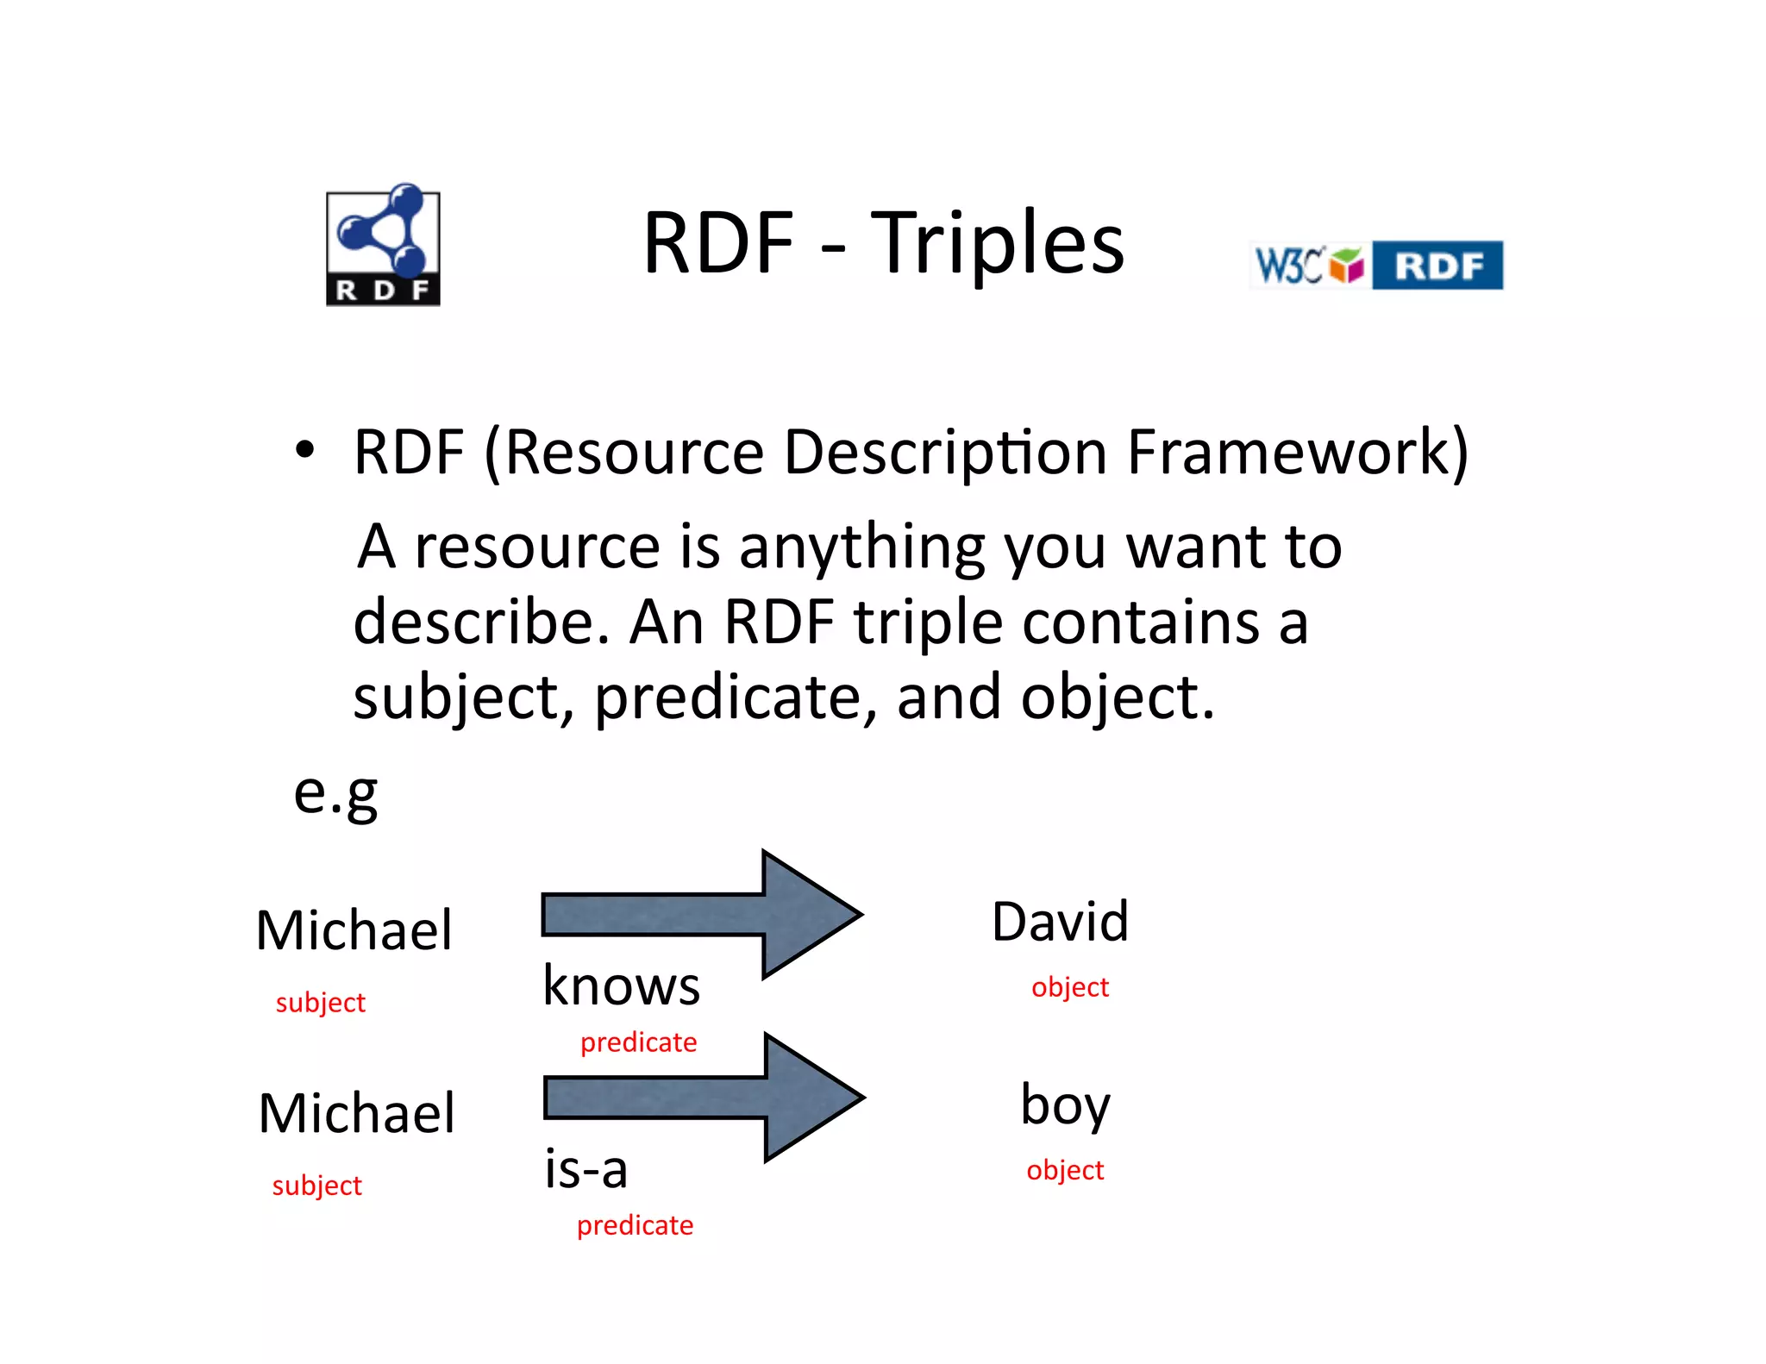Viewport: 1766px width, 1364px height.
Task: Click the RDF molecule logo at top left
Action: click(x=383, y=245)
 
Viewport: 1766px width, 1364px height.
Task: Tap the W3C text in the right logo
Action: click(x=1288, y=265)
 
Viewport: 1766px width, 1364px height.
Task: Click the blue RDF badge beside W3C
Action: click(x=1437, y=266)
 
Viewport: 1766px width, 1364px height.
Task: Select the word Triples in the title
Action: click(x=998, y=245)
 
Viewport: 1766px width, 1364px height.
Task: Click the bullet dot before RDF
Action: click(x=304, y=449)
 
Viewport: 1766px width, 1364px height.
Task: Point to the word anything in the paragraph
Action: click(x=861, y=547)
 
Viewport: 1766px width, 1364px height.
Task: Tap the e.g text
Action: click(x=335, y=792)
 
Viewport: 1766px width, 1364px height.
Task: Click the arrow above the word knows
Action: click(x=700, y=915)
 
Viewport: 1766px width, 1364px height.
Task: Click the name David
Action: click(x=1060, y=922)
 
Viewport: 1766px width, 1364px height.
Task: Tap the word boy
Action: click(x=1065, y=1105)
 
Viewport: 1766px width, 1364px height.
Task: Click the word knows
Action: click(x=621, y=985)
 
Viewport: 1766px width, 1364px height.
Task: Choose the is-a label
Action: click(x=586, y=1170)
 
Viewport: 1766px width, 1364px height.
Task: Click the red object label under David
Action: click(x=1069, y=987)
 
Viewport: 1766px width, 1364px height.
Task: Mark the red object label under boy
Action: click(x=1065, y=1170)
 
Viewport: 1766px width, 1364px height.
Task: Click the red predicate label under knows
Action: click(x=638, y=1042)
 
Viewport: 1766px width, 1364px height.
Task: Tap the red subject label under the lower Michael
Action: click(x=316, y=1186)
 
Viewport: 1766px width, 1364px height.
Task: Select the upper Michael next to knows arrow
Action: click(x=354, y=931)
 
